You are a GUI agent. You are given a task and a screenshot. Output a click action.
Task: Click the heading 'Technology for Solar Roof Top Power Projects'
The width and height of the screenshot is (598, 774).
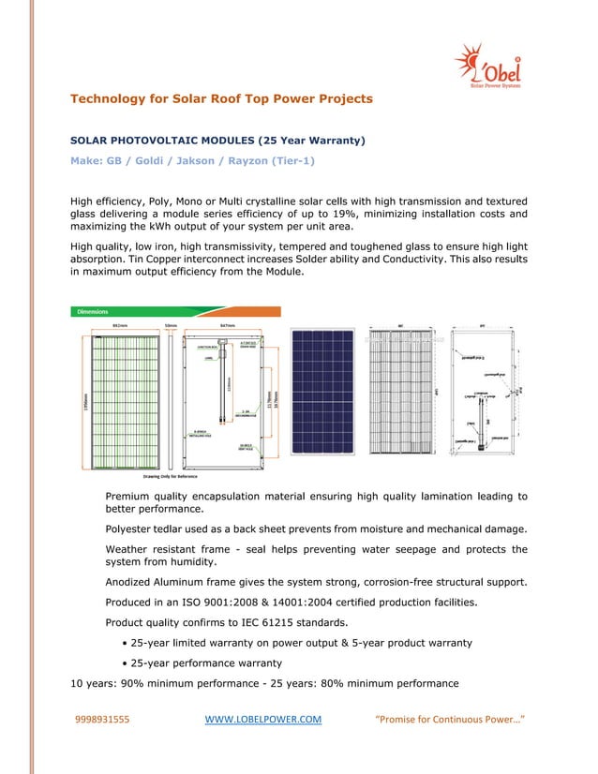pyautogui.click(x=222, y=98)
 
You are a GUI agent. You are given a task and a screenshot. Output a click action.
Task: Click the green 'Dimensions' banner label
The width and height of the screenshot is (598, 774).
pyautogui.click(x=93, y=311)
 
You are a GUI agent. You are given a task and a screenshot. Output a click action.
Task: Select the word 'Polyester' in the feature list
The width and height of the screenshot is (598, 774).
pyautogui.click(x=131, y=529)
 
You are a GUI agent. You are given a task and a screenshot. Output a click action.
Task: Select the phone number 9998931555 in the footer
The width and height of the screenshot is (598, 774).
pyautogui.click(x=102, y=720)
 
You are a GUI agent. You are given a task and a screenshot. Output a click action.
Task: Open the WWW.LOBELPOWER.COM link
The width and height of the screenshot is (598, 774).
pyautogui.click(x=262, y=720)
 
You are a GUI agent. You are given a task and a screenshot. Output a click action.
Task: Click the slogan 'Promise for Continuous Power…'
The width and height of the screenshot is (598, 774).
pyautogui.click(x=449, y=720)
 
